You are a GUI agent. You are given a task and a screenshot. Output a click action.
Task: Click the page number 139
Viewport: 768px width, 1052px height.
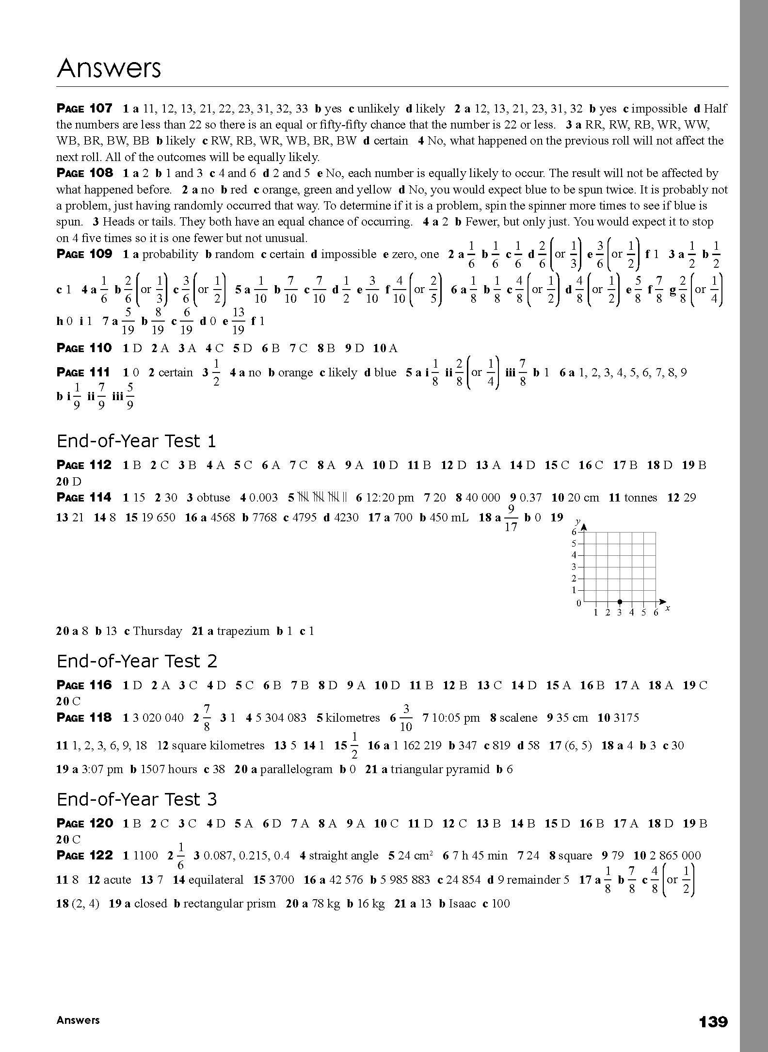click(x=713, y=1022)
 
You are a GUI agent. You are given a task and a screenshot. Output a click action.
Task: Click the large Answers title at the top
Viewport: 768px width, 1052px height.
click(x=109, y=68)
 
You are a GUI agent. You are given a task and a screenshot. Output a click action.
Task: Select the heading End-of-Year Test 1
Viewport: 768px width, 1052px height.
click(x=136, y=441)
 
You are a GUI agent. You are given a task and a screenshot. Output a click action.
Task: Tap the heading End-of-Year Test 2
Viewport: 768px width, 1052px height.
click(x=137, y=661)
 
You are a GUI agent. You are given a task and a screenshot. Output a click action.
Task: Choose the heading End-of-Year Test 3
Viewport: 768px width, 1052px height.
click(x=137, y=799)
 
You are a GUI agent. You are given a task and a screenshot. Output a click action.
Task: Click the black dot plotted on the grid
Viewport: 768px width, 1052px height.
click(x=620, y=601)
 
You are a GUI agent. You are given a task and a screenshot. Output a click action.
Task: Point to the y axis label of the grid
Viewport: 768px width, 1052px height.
click(x=577, y=521)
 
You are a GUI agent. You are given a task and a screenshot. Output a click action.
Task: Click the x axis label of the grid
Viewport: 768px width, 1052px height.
click(x=668, y=608)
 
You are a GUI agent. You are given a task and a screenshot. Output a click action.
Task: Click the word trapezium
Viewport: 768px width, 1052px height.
click(x=243, y=631)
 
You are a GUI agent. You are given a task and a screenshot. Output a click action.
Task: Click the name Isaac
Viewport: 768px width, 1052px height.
click(x=462, y=904)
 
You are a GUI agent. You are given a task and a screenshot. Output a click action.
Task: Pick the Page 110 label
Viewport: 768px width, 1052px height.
click(x=84, y=348)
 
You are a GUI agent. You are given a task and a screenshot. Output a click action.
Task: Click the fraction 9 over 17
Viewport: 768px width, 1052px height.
click(x=511, y=518)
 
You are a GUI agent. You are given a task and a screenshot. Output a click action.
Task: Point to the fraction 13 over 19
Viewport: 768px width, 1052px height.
click(x=238, y=321)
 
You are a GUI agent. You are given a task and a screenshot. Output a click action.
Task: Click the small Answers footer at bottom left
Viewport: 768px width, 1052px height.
click(x=78, y=1020)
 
